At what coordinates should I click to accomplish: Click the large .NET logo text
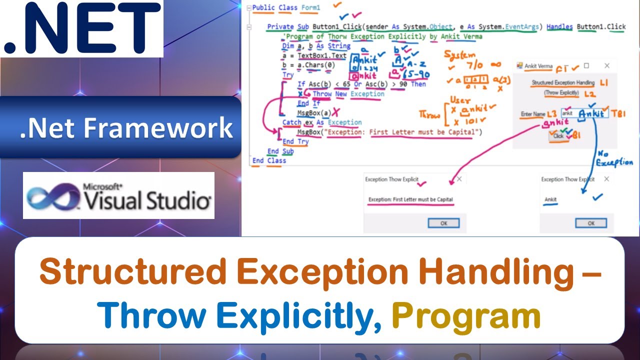point(82,29)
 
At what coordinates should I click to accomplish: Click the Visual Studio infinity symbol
point(53,196)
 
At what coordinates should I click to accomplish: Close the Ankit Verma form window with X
point(607,65)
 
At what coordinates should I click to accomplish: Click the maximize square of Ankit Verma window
point(586,65)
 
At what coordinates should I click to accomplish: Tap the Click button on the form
point(558,135)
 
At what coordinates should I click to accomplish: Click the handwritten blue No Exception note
point(614,158)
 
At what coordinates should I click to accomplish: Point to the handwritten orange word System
point(459,55)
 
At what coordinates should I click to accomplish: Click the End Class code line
point(269,160)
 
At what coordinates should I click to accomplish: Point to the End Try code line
point(295,141)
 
